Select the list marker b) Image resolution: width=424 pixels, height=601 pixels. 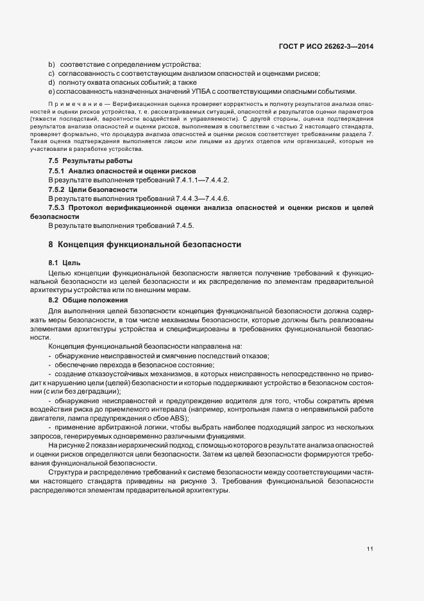click(51, 64)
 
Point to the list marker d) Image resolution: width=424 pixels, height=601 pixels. click(51, 82)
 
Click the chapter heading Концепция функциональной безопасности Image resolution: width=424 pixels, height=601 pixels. click(149, 245)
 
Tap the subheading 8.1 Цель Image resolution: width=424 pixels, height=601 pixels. click(64, 263)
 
